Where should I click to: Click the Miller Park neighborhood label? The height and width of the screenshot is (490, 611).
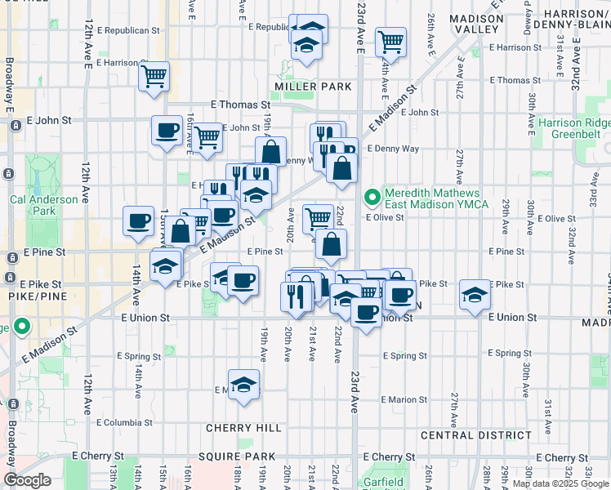pyautogui.click(x=313, y=87)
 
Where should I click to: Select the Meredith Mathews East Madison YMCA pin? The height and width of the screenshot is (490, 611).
pyautogui.click(x=373, y=197)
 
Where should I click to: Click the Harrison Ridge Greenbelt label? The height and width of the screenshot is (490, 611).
pyautogui.click(x=574, y=129)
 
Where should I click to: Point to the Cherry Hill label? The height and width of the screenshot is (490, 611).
pyautogui.click(x=243, y=428)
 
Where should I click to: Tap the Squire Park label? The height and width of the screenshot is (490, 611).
pyautogui.click(x=243, y=457)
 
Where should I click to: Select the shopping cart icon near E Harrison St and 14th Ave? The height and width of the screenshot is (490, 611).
pyautogui.click(x=154, y=77)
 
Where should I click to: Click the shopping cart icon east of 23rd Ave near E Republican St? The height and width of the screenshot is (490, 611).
pyautogui.click(x=391, y=40)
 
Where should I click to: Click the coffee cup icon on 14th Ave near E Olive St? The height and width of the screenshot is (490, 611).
pyautogui.click(x=138, y=219)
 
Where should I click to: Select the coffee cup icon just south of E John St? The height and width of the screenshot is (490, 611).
pyautogui.click(x=167, y=130)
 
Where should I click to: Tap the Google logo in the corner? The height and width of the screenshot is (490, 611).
pyautogui.click(x=27, y=480)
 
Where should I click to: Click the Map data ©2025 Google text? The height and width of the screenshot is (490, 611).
pyautogui.click(x=560, y=483)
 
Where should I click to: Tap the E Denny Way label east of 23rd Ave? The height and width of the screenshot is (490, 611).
pyautogui.click(x=393, y=149)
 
